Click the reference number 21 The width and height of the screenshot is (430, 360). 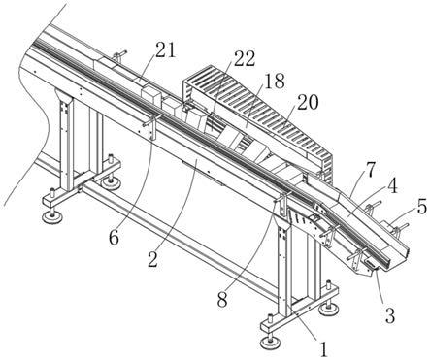[x=166, y=50]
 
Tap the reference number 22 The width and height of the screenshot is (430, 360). [x=245, y=59]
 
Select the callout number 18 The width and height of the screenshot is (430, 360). [x=275, y=81]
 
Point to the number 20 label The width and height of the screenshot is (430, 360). [x=308, y=102]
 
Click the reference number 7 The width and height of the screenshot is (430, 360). [x=371, y=170]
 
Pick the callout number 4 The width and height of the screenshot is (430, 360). [x=392, y=186]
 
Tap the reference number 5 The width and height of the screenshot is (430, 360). [x=422, y=207]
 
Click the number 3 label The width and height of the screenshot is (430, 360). [x=389, y=314]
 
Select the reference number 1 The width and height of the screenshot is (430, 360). [x=323, y=348]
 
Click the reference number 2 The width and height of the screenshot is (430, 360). [x=153, y=259]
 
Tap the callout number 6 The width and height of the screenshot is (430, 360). [x=114, y=239]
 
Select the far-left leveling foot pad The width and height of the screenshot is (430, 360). [x=51, y=215]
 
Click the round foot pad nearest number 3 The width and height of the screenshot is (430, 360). [x=329, y=309]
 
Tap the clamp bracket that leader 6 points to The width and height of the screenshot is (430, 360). [x=151, y=126]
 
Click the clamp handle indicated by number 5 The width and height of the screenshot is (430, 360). [x=400, y=228]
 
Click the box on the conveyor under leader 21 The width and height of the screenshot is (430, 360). [x=151, y=94]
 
